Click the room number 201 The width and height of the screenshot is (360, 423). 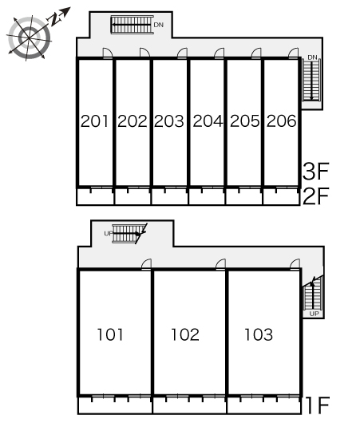coord(94,121)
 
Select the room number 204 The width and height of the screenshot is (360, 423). coord(208,121)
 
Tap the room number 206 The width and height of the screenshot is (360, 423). coord(282,121)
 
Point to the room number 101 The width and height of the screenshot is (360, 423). coord(110,334)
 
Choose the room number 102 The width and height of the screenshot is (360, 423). coord(185,334)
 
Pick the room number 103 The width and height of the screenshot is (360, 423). coord(259,334)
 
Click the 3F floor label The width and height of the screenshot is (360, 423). coord(316,172)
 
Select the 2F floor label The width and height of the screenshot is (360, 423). coord(316,196)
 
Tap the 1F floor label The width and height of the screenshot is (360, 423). coord(318,405)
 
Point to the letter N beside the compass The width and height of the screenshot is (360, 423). coord(55,19)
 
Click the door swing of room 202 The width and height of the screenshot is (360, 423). coord(145,53)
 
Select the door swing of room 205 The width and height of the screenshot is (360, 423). coord(256,53)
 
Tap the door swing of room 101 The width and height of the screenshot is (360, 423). coord(147,263)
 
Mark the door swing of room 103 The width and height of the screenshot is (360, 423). coord(295,263)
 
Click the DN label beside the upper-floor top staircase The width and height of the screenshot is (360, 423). coord(158,25)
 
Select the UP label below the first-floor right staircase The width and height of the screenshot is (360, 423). coord(315,314)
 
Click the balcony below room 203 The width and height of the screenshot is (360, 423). coord(170,196)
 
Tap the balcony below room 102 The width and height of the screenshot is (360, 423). coord(190,405)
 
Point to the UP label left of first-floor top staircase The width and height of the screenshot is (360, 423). coord(109,234)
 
